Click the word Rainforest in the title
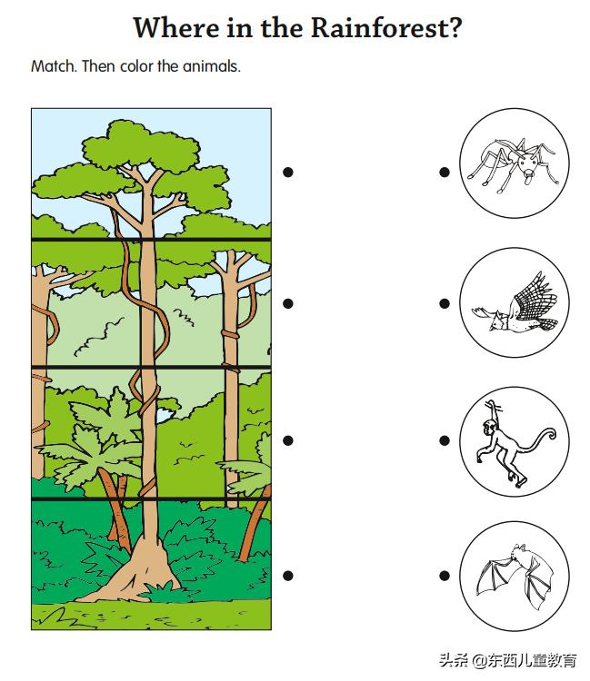[x=380, y=28]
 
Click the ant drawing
[x=513, y=165]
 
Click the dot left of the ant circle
[x=445, y=172]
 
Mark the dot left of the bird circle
[x=445, y=303]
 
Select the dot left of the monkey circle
[x=445, y=440]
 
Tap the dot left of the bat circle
[x=445, y=576]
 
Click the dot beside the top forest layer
[x=288, y=172]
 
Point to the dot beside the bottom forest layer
[x=288, y=576]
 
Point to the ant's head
[x=528, y=166]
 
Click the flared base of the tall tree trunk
[x=138, y=572]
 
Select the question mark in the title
[x=455, y=28]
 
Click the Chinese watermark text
[x=508, y=660]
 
